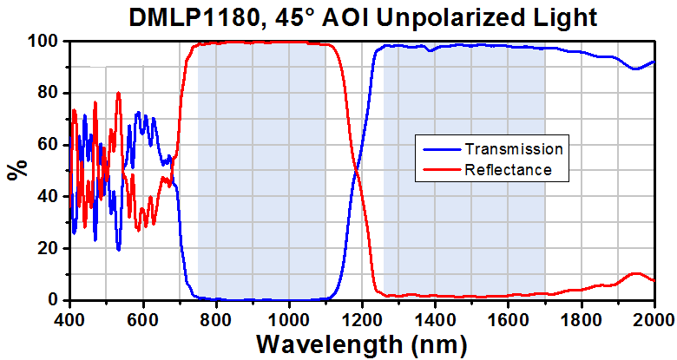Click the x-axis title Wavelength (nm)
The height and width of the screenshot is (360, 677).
coord(361,344)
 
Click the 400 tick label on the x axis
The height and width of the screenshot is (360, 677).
coord(70,315)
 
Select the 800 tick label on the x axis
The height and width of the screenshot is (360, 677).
coord(216,315)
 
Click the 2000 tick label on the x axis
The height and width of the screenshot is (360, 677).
coord(654,315)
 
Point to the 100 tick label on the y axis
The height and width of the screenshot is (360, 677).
coord(48,42)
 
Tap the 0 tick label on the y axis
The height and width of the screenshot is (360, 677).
coord(59,300)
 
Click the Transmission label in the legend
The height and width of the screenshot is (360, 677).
coord(514,149)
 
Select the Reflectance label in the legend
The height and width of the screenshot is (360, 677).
coord(508,170)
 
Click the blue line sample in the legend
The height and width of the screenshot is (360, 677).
coord(441,149)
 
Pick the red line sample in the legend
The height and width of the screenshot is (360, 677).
coord(441,170)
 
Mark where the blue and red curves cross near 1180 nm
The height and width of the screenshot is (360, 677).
coord(356,170)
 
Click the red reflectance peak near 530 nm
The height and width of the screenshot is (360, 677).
coord(118,93)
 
